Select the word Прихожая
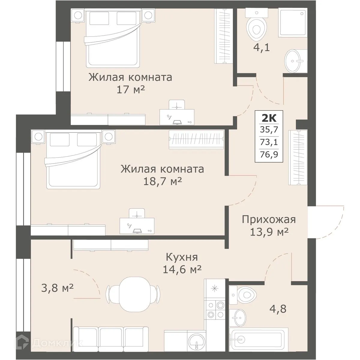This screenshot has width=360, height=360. tap(269, 219)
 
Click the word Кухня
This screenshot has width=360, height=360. tap(182, 257)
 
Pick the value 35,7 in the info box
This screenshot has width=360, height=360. tap(269, 130)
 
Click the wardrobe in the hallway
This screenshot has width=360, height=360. tap(298, 157)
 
